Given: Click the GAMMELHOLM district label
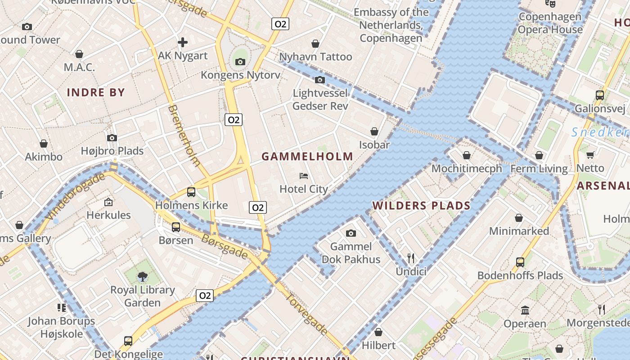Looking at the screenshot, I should [x=307, y=157].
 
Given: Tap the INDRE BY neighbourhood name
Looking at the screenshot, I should [x=96, y=93].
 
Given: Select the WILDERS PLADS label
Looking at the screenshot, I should [x=421, y=206].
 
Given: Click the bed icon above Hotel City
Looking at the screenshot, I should [x=304, y=176].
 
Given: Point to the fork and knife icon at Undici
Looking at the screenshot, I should [x=410, y=258].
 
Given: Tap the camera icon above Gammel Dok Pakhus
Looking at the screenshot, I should [x=351, y=233].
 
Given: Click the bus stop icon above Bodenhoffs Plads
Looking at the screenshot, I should [x=520, y=262].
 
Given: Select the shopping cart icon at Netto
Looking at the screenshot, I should [x=590, y=155].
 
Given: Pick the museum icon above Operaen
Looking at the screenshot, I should [x=525, y=310].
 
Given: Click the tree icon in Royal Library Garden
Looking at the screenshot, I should [x=143, y=276].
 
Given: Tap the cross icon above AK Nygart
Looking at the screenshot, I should [x=183, y=43].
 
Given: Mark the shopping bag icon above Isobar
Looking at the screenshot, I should [x=374, y=131].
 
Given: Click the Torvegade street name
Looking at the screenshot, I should [x=306, y=314].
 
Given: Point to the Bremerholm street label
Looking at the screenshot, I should [x=184, y=135].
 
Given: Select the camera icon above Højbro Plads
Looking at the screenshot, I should [x=112, y=138].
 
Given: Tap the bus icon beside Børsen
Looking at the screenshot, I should [x=175, y=227].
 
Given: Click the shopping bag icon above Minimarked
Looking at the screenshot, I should [x=518, y=218].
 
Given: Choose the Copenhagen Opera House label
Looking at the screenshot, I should [x=550, y=23].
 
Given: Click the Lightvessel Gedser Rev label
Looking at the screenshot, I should [x=320, y=99].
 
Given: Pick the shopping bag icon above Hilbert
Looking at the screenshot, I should [x=378, y=332].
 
